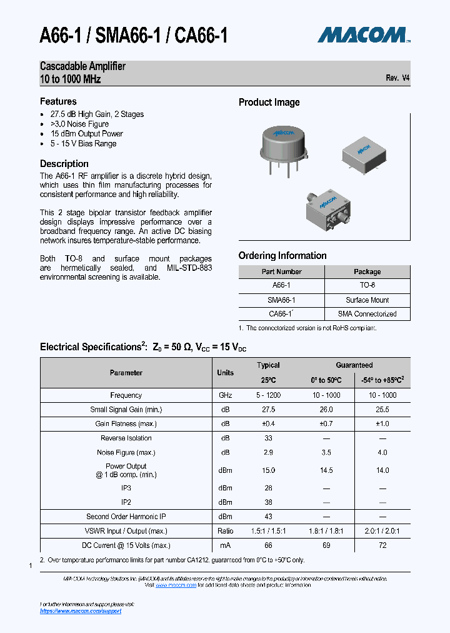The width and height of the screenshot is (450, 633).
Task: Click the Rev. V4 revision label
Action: [x=397, y=78]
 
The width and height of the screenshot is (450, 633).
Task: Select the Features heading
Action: [x=58, y=101]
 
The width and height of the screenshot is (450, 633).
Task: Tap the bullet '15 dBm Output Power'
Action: [x=86, y=134]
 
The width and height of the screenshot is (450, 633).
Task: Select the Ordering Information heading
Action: [x=282, y=256]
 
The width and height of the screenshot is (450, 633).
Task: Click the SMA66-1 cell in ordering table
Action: [x=281, y=300]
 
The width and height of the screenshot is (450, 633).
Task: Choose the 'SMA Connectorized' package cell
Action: [x=367, y=314]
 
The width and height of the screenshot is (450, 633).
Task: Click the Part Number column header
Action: [x=281, y=272]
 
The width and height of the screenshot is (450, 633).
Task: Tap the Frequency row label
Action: [x=126, y=395]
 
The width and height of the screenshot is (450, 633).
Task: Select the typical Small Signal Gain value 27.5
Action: [x=268, y=410]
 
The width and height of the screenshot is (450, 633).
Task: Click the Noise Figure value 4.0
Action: [x=382, y=452]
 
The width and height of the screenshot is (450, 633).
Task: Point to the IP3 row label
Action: [x=126, y=488]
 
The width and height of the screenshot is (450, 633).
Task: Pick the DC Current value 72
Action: [x=382, y=546]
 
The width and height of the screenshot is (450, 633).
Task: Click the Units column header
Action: [x=225, y=373]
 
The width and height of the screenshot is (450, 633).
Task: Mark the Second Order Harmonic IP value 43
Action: [x=268, y=517]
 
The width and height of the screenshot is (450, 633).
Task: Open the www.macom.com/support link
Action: [x=81, y=611]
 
